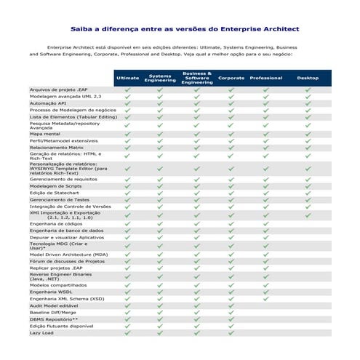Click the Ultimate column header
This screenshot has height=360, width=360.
tap(127, 78)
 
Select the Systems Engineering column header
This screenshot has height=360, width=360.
tap(160, 78)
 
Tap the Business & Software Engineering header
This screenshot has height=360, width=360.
tap(196, 78)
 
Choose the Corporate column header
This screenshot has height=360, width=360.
tap(231, 78)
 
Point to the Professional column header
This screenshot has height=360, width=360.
tap(265, 78)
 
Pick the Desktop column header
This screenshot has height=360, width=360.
tap(308, 78)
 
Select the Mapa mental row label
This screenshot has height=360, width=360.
tap(45, 134)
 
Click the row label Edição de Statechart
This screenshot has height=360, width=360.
tap(55, 192)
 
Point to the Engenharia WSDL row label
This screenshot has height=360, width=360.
tap(51, 292)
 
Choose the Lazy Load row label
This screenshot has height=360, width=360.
tap(41, 332)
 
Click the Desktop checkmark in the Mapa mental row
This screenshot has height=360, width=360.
tap(308, 134)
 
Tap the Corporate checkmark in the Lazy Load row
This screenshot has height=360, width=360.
tap(231, 332)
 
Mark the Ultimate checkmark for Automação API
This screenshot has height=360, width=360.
tap(127, 103)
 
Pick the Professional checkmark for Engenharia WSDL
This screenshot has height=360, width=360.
tap(265, 292)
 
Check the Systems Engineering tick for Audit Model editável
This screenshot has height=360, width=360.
tap(160, 305)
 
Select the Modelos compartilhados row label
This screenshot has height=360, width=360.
tap(59, 285)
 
